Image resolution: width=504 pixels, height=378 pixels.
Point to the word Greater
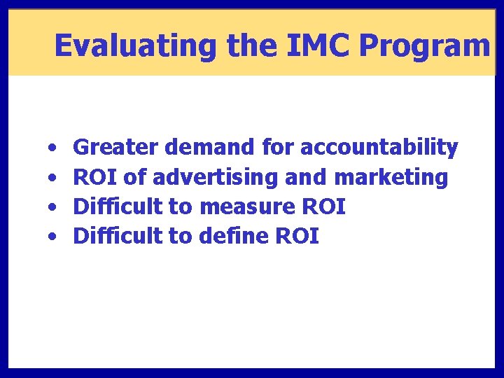click(x=117, y=148)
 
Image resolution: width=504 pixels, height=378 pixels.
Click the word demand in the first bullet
click(x=211, y=148)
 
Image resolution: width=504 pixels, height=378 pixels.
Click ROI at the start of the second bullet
click(x=96, y=178)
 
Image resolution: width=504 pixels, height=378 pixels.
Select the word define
click(x=232, y=237)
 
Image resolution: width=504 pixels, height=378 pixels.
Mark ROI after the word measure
click(x=323, y=207)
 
